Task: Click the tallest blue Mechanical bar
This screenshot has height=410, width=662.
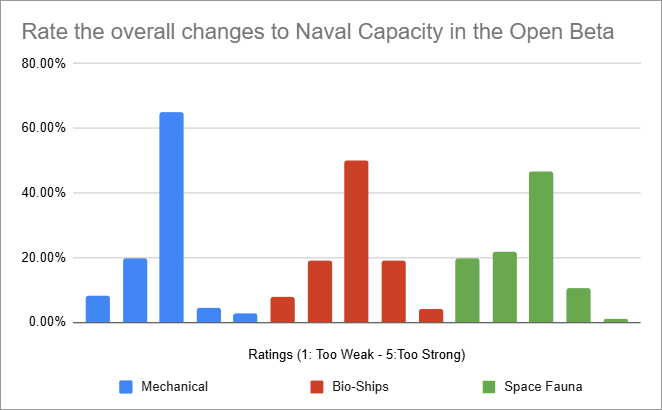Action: click(x=171, y=217)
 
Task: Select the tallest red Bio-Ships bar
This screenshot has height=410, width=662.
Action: click(x=356, y=241)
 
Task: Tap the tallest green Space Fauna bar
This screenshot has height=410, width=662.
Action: click(x=541, y=247)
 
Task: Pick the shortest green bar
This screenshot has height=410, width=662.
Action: click(x=615, y=320)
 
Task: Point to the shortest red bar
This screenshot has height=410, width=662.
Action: click(x=430, y=315)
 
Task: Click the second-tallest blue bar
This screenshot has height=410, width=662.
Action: click(x=134, y=290)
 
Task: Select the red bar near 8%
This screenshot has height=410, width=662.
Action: click(x=282, y=309)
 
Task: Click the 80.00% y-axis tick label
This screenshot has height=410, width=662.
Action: click(x=44, y=64)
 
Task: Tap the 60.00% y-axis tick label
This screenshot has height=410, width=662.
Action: click(x=44, y=128)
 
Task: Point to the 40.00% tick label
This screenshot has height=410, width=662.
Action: click(x=44, y=193)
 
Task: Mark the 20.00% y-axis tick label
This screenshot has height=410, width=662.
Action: click(x=44, y=258)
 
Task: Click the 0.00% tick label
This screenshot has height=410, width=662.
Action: click(x=47, y=322)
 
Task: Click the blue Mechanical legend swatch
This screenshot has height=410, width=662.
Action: click(x=125, y=384)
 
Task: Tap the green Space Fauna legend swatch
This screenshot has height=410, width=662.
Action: click(x=490, y=384)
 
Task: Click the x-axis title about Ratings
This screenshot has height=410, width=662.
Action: click(x=355, y=355)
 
